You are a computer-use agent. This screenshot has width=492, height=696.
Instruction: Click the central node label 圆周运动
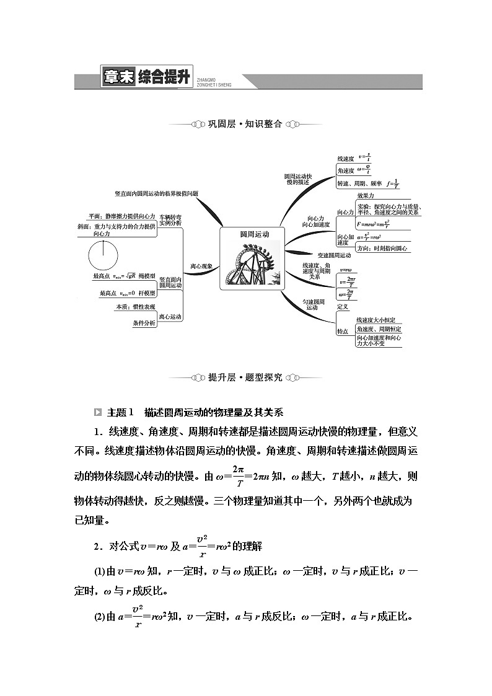click(x=253, y=235)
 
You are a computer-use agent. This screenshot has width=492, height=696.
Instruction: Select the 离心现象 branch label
click(x=201, y=266)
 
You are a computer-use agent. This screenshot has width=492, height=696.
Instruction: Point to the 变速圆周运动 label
click(x=334, y=255)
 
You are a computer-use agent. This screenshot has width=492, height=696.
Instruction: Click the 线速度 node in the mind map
click(x=345, y=159)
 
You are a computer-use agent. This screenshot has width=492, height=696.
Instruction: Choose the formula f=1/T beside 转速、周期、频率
click(x=392, y=183)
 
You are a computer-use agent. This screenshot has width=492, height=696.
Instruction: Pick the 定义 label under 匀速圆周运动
click(x=343, y=307)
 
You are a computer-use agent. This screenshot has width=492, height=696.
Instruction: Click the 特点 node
click(x=343, y=332)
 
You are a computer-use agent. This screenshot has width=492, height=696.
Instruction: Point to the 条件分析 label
click(x=144, y=323)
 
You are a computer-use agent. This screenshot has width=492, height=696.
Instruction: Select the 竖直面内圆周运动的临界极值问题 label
click(x=157, y=193)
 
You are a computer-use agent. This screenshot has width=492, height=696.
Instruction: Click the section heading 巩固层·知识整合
click(x=245, y=124)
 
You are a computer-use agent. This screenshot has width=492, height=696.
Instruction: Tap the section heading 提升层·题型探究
click(x=245, y=377)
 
